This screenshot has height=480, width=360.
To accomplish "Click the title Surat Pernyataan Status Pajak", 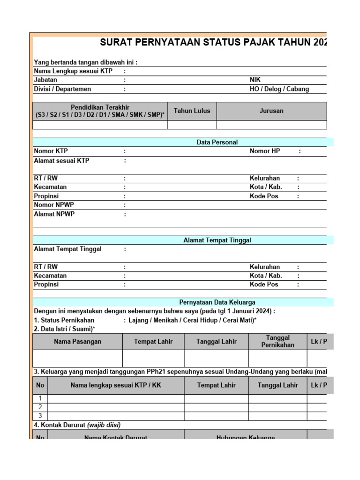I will point(213,43).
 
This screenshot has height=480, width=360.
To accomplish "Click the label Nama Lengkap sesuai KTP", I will point(73,71).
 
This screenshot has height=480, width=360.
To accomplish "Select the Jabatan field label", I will point(45,80).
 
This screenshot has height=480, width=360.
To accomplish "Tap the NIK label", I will point(255,80).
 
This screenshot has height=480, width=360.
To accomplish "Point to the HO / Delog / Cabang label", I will point(279,89).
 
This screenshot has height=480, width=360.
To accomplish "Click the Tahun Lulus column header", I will point(192,111).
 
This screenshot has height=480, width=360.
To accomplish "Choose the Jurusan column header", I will point(271,111).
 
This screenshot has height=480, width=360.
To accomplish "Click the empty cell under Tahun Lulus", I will point(192,125).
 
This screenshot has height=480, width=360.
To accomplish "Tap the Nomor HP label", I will point(266,151).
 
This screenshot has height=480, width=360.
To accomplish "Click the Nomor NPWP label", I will point(54,205).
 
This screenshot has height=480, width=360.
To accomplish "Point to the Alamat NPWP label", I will point(54,214).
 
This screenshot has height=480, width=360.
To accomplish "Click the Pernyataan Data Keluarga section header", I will point(217,302).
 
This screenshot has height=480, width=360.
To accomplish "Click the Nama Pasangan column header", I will point(77,342).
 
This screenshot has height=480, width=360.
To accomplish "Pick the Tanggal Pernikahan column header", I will point(277,341).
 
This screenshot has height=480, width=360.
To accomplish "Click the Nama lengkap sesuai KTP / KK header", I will point(116,385).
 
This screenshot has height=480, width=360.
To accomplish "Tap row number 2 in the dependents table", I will point(40,407).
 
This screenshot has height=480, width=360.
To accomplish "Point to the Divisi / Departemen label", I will point(62,89).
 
